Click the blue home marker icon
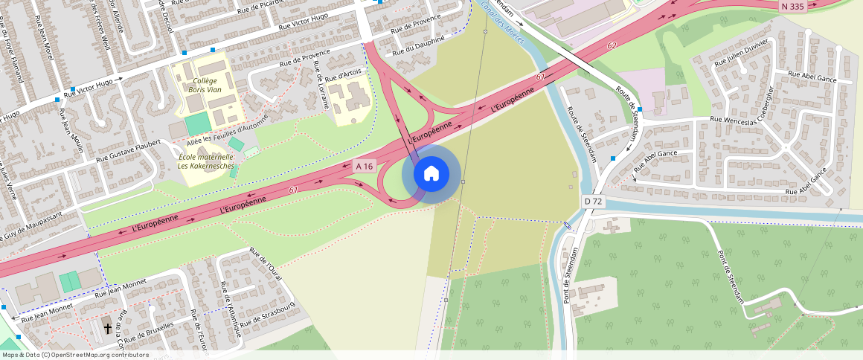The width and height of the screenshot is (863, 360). (x=431, y=174)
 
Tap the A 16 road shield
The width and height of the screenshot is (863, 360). (x=364, y=166)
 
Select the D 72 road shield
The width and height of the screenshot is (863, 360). (x=593, y=202)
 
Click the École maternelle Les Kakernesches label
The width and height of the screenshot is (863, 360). (x=205, y=161)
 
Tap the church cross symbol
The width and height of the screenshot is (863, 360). (x=107, y=327)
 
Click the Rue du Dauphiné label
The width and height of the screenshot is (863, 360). (x=419, y=45)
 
